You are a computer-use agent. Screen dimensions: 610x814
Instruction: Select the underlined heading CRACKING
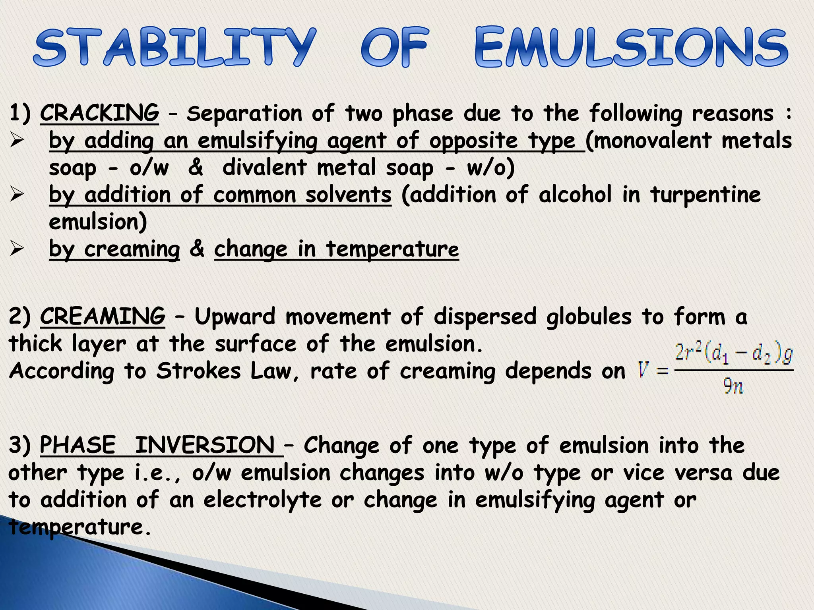point(99,113)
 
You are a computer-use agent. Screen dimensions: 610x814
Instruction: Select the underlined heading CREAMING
point(103,317)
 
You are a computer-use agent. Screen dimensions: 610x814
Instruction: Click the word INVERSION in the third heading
point(205,445)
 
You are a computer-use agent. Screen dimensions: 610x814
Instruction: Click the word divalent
point(265,168)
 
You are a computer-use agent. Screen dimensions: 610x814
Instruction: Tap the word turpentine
point(705,195)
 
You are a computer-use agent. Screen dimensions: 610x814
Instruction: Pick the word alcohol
point(575,195)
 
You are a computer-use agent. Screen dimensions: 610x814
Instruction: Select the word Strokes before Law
point(198,371)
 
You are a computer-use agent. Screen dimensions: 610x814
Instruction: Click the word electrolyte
point(263,500)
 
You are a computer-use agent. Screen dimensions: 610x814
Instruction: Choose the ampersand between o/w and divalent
point(196,168)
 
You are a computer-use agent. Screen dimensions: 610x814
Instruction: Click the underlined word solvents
point(348,195)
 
